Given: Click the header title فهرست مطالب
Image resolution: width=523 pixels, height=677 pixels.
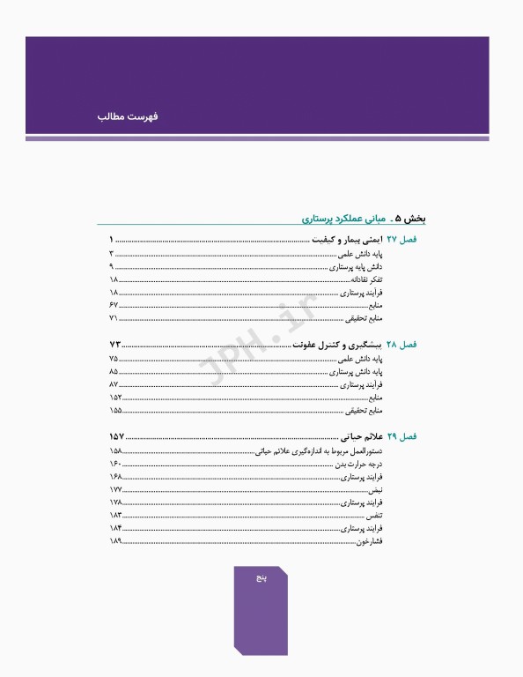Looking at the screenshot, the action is [x=129, y=115].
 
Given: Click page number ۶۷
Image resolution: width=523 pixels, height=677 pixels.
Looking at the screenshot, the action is [x=114, y=304].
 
